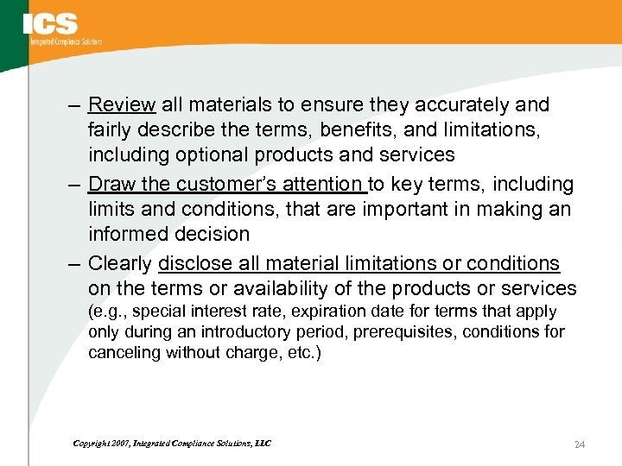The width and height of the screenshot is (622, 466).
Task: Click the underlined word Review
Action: (122, 105)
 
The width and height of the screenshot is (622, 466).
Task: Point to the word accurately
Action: (468, 105)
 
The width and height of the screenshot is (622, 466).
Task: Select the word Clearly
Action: (120, 263)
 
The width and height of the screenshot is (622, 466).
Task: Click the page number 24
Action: (580, 444)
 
